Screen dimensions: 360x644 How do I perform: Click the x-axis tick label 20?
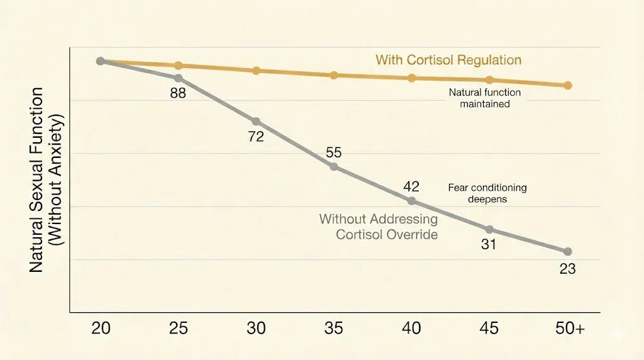pos(101,329)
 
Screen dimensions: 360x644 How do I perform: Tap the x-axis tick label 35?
pos(334,329)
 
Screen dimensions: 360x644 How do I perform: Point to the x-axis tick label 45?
pos(489,329)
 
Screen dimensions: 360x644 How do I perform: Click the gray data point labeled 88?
pos(179,78)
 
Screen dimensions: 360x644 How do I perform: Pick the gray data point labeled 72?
pos(256,121)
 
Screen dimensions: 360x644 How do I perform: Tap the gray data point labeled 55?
pos(334,167)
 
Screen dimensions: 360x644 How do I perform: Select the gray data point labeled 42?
pos(412,201)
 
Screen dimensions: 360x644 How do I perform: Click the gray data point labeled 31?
pos(489,229)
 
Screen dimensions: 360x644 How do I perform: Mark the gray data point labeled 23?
pos(567,251)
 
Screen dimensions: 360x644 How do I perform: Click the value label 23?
pos(567,269)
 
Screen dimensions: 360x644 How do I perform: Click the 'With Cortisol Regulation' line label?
pos(448,60)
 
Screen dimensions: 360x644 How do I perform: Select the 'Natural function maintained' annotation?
pos(484,98)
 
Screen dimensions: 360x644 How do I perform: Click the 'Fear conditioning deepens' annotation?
pos(487,193)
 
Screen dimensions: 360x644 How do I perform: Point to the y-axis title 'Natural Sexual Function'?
pos(36,180)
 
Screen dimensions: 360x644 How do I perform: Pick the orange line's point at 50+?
pos(567,85)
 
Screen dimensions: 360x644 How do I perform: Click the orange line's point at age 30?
pos(256,70)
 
